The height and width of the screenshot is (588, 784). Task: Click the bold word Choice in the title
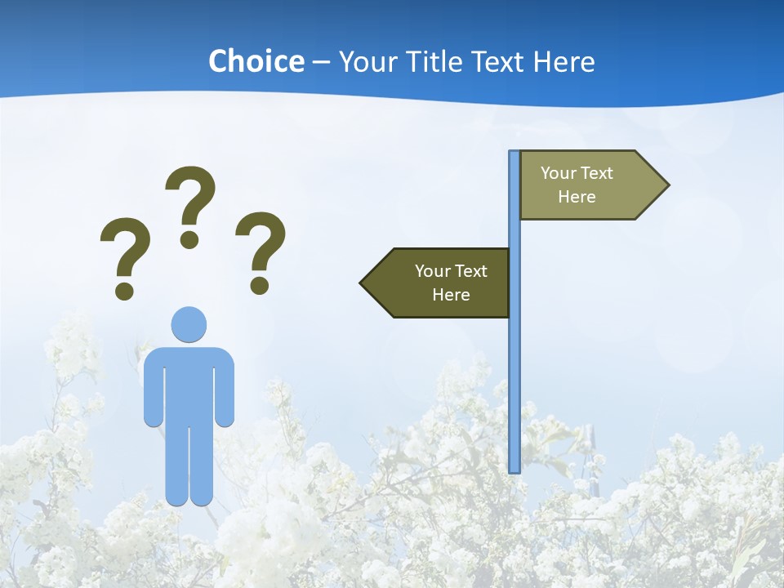click(x=256, y=61)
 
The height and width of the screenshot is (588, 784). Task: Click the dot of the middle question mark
click(x=189, y=239)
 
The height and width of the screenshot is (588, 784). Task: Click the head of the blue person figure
click(x=189, y=324)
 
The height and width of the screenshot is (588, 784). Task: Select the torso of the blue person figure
click(x=189, y=384)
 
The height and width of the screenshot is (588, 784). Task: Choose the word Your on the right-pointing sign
click(x=559, y=173)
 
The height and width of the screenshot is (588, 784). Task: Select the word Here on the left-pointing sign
click(x=451, y=295)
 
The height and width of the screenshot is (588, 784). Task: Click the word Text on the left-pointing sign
click(x=470, y=271)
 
